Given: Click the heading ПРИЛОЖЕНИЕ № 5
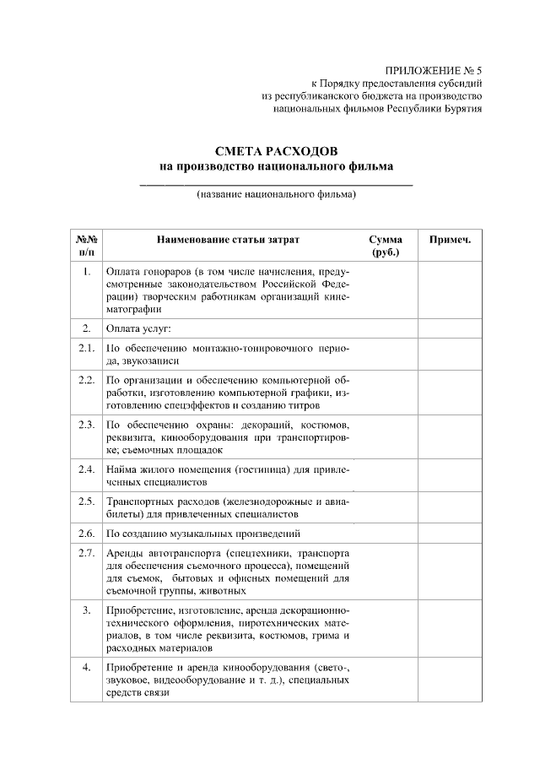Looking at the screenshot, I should point(432,69).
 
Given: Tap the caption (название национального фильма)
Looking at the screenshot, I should point(276,195).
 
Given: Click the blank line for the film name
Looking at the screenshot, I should point(276,182).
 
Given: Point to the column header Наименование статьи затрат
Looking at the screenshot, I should point(227,240).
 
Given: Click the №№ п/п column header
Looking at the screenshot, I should point(86,246).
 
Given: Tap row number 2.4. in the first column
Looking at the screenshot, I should point(86,469).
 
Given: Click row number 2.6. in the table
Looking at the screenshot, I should point(86,534).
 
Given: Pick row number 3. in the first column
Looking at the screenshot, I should point(86,610).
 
